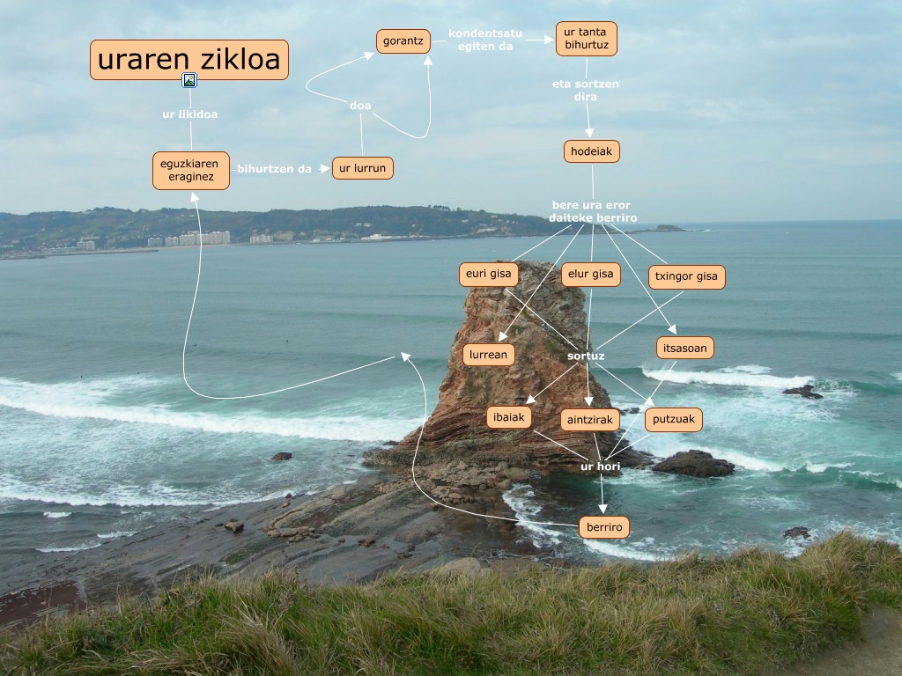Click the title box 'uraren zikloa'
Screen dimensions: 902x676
coord(189,60)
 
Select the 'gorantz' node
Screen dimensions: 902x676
coord(403,41)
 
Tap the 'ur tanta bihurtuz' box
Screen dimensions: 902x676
coord(586,39)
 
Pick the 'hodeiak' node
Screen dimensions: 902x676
coord(592,151)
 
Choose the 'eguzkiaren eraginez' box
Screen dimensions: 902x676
coord(191,171)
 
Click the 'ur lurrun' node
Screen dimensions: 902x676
coord(362,168)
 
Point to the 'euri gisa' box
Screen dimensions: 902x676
coord(489,274)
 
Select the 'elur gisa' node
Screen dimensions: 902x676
coord(590,275)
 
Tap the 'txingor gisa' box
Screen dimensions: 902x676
coord(686,276)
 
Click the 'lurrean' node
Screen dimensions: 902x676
coord(488,355)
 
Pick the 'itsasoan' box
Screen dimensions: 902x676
coord(684,348)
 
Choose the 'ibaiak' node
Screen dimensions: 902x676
coord(509,417)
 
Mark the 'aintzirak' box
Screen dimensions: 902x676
coord(590,420)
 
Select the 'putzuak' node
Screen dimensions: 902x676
coord(674,420)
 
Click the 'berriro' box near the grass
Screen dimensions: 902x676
coord(603,527)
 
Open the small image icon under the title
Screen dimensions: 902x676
coord(189,80)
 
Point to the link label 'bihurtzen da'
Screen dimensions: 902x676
coord(275,168)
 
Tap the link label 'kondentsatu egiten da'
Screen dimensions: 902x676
coord(485,40)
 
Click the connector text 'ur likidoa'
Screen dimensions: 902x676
coord(189,114)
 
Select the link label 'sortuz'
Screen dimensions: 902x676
coord(586,356)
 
